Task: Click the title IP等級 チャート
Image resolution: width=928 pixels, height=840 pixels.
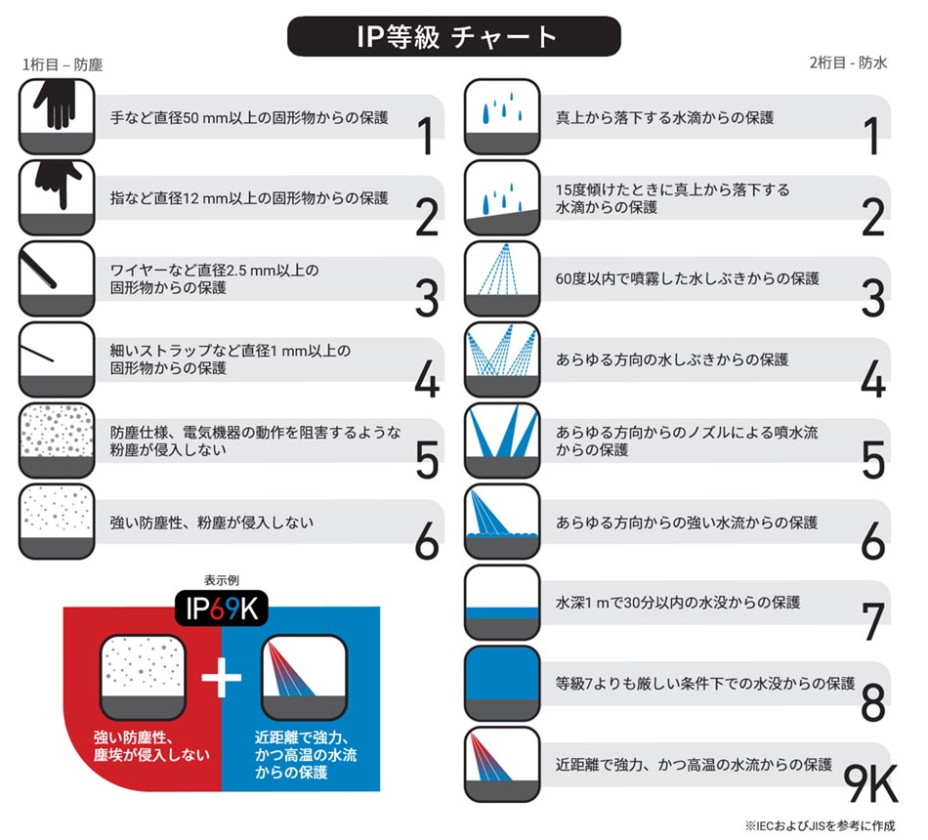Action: [x=453, y=36]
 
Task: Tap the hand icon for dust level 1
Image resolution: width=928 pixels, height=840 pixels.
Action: [x=57, y=116]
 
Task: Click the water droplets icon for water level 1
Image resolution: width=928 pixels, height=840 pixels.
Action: [x=501, y=116]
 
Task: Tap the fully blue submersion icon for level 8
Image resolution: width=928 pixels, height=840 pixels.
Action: [x=501, y=683]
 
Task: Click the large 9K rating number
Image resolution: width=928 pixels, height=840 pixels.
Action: [x=870, y=782]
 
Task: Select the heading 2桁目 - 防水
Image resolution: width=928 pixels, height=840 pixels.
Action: [x=847, y=63]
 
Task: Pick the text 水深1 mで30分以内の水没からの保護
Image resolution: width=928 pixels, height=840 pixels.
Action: [x=678, y=603]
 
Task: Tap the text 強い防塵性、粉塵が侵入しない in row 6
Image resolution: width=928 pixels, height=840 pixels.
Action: [x=212, y=523]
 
